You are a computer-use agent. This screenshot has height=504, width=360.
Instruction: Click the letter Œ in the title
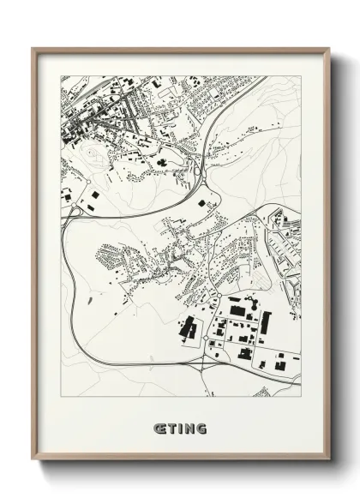pos(159,426)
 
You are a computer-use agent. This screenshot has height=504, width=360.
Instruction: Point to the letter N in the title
pos(189,426)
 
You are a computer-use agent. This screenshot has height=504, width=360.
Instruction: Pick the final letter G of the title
pos(201,426)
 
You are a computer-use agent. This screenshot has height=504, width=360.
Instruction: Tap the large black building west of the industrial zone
pos(188,327)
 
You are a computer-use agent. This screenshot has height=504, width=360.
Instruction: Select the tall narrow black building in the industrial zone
pos(266,323)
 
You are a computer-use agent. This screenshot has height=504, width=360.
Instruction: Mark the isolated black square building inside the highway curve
pos(203,202)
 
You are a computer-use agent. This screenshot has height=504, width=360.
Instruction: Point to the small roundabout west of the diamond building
pos(75,208)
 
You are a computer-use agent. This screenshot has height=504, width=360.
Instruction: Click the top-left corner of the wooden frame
pos(33,49)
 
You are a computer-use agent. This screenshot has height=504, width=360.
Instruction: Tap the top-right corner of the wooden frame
pos(329,49)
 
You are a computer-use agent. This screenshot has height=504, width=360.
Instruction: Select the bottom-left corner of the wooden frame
pos(33,460)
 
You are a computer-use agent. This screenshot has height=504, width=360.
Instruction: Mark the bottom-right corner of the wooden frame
pos(329,460)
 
